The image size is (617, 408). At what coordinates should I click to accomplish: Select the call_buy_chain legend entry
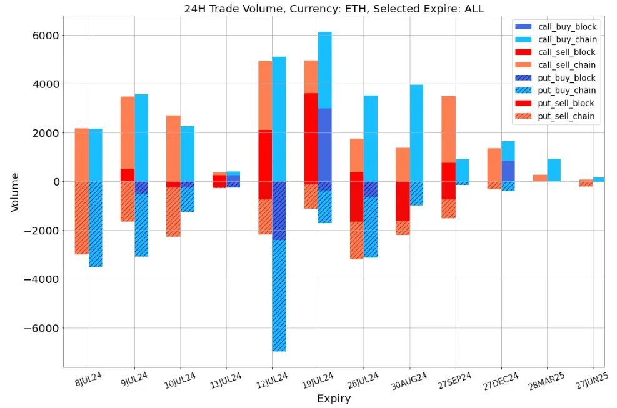(x=566, y=39)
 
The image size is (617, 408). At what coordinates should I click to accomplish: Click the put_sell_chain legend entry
(x=566, y=116)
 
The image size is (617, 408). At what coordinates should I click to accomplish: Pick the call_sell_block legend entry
(x=566, y=52)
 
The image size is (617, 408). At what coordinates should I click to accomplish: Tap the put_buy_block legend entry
(x=566, y=78)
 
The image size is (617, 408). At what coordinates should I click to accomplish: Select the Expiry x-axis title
(x=334, y=399)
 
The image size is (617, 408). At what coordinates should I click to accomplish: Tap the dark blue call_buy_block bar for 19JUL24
(x=324, y=144)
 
